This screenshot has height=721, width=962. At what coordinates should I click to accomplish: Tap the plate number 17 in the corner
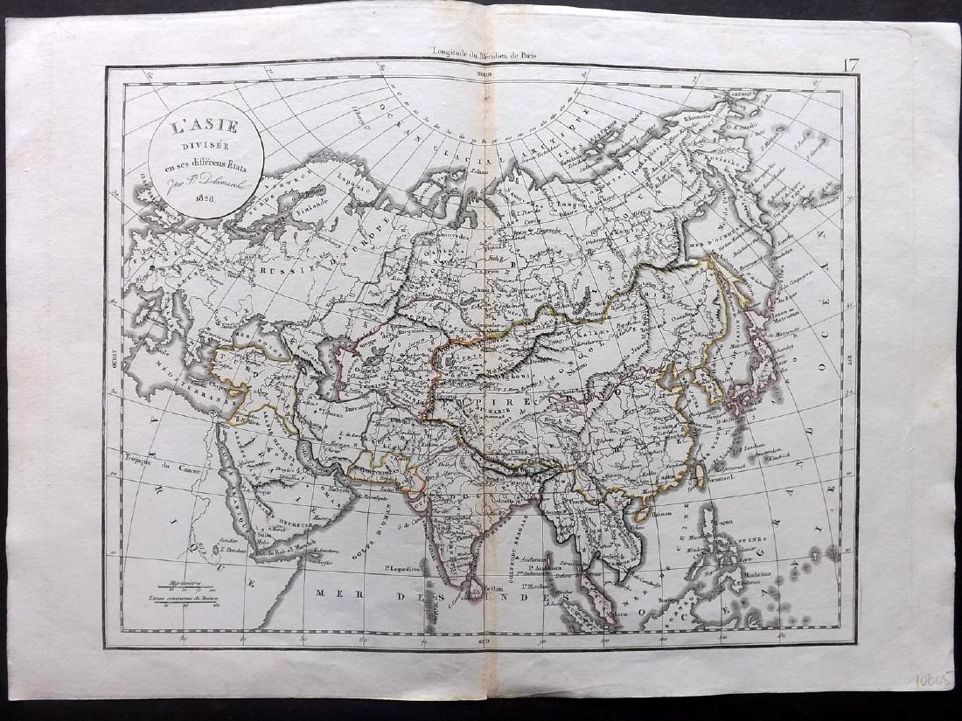[851, 64]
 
